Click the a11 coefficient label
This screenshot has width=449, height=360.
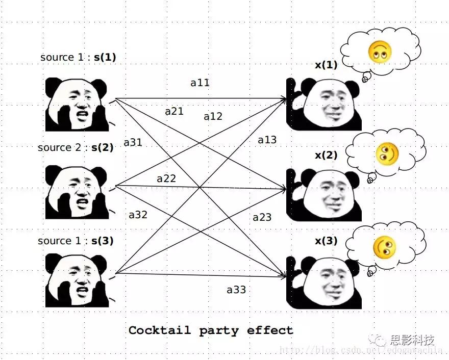coord(200,83)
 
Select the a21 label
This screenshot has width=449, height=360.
coord(174,111)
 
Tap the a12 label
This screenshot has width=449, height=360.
coord(213,116)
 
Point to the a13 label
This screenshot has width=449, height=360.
coord(267,140)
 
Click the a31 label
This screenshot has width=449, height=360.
coord(133,143)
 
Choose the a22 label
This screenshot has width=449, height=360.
coord(166,178)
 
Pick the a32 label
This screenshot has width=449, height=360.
coord(138,215)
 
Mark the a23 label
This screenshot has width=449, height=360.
coord(262,218)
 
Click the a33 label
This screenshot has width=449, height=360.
coord(236,290)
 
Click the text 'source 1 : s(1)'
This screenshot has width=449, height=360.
coord(78,57)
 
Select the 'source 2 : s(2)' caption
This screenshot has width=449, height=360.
coord(76,147)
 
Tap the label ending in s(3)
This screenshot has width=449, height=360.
coord(76,241)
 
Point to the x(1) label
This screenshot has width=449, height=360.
coord(326,65)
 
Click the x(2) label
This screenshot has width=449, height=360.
coord(326,155)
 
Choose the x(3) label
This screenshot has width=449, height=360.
coord(326,241)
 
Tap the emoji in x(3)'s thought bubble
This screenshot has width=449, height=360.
coord(384,247)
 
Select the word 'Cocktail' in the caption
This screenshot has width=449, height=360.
coord(158,330)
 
